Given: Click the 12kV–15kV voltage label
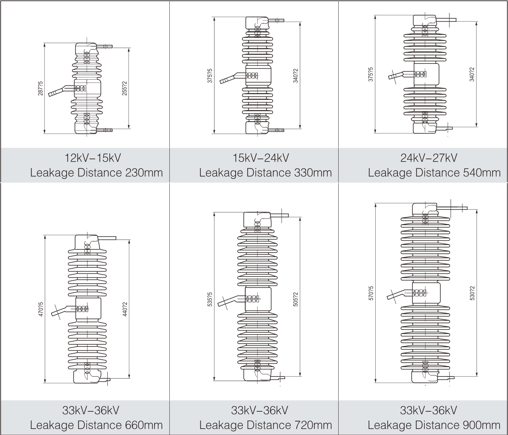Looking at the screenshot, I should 92,158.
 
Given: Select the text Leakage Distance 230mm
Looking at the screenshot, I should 96,173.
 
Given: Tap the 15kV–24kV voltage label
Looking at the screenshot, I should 261,158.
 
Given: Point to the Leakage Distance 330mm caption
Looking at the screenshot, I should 265,173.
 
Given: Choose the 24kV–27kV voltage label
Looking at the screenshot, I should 429,158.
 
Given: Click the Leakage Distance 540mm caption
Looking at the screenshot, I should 434,173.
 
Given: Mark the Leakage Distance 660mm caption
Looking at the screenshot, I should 96,425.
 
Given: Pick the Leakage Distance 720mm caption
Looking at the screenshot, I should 265,425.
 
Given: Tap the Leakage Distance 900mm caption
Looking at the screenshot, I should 434,425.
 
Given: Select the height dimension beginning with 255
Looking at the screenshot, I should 124,88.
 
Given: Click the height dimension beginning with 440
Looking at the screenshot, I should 124,309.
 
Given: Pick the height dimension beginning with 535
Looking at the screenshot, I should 210,299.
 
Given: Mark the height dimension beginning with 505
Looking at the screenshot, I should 296,299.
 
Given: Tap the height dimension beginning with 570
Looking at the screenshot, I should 371,293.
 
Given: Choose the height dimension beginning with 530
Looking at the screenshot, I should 472,293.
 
